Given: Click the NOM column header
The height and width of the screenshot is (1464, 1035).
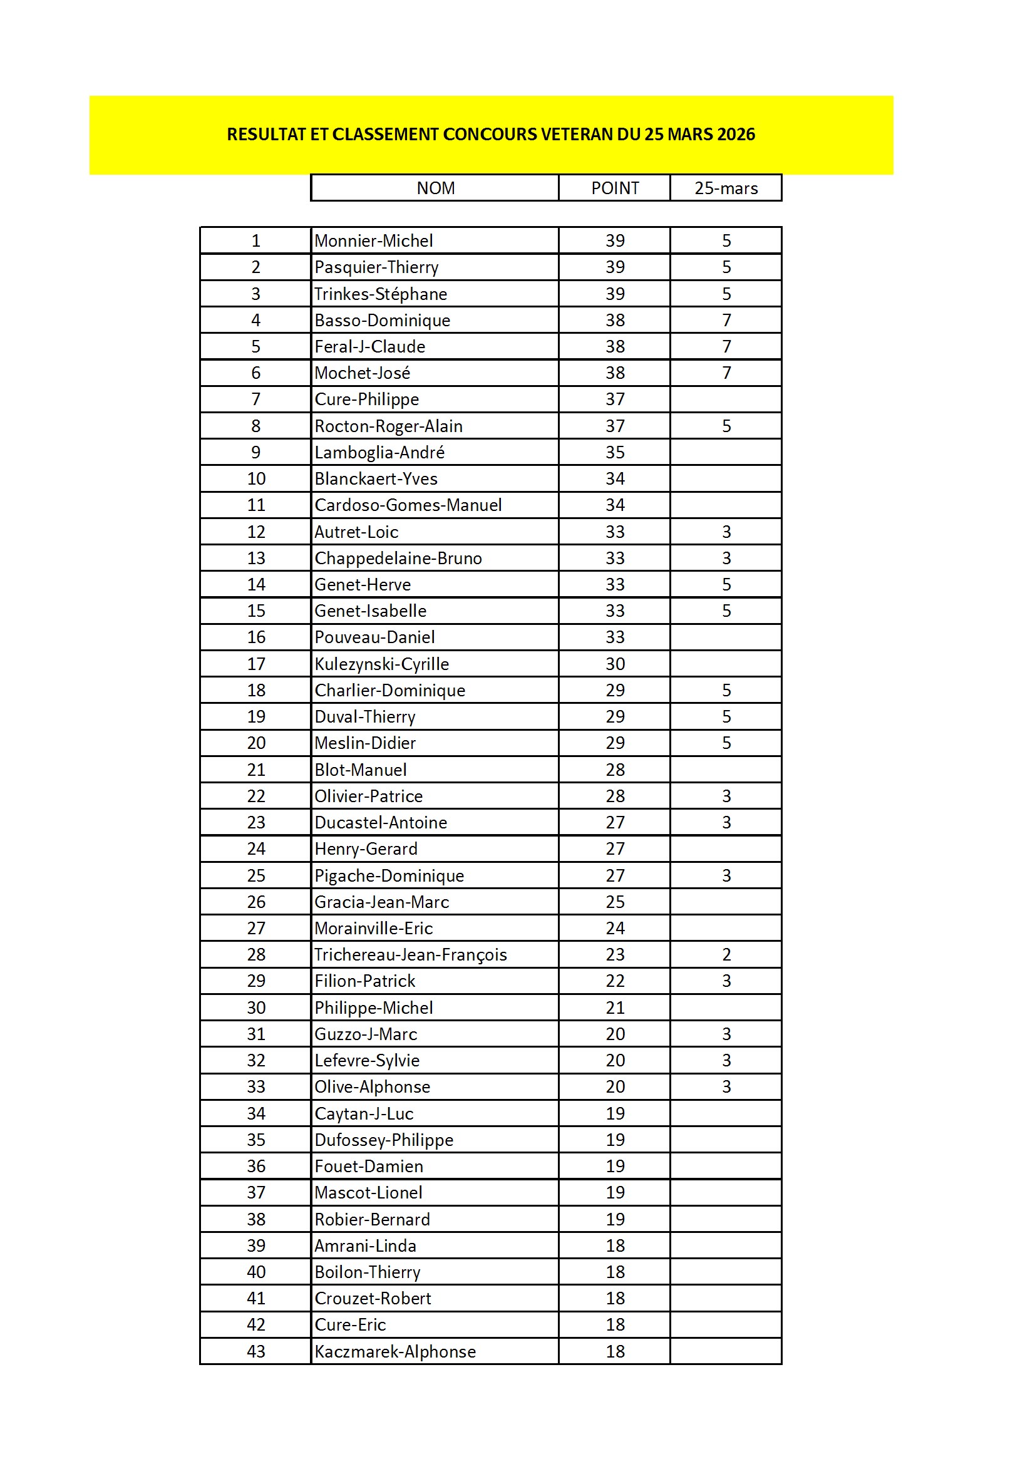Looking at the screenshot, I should (x=436, y=188).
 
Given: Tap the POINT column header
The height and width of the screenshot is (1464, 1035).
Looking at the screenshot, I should (x=615, y=188).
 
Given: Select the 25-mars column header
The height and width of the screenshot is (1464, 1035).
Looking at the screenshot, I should (x=726, y=188).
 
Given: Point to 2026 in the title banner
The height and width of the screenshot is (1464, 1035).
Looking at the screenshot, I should (x=736, y=135).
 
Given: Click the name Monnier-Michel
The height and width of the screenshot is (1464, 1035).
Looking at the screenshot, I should (x=374, y=240).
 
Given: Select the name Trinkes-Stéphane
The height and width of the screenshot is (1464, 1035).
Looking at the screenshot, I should (x=381, y=294).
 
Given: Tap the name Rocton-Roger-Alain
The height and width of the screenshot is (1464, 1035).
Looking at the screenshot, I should (x=388, y=426).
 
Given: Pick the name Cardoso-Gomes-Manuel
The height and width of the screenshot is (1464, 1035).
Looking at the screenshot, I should (x=408, y=505).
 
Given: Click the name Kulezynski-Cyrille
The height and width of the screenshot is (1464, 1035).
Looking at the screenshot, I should (x=381, y=664).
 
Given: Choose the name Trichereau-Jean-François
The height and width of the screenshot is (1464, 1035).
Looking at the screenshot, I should (x=411, y=954).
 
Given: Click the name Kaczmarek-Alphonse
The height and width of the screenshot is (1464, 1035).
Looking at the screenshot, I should (x=395, y=1351).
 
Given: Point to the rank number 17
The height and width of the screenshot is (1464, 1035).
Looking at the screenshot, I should (x=255, y=664).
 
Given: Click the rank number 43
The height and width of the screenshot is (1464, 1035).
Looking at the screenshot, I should (x=255, y=1351).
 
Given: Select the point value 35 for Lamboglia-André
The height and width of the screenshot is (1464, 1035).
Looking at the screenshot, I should (x=615, y=452).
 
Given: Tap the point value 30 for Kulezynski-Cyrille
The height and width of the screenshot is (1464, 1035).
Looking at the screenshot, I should (x=615, y=664).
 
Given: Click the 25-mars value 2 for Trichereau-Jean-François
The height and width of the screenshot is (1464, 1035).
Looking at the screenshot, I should (x=726, y=954).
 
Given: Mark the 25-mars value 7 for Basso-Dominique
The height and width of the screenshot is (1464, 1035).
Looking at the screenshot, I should (x=726, y=320).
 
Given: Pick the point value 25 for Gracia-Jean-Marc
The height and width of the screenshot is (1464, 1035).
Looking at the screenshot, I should (x=615, y=902).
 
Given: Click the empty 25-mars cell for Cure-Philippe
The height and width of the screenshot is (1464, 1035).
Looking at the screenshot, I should (x=726, y=399).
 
